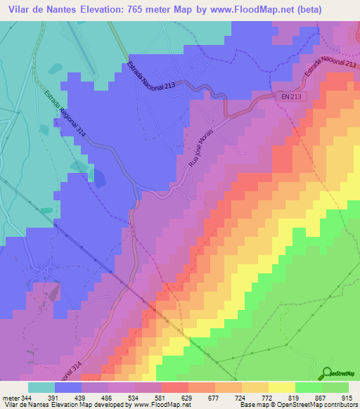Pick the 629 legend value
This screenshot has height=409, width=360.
[x=174, y=397]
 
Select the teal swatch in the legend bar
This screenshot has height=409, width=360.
[x=41, y=387]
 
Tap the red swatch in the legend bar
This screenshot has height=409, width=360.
[x=174, y=387]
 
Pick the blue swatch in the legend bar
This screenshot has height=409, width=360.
[x=68, y=387]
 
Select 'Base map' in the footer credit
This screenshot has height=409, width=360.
[x=253, y=405]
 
